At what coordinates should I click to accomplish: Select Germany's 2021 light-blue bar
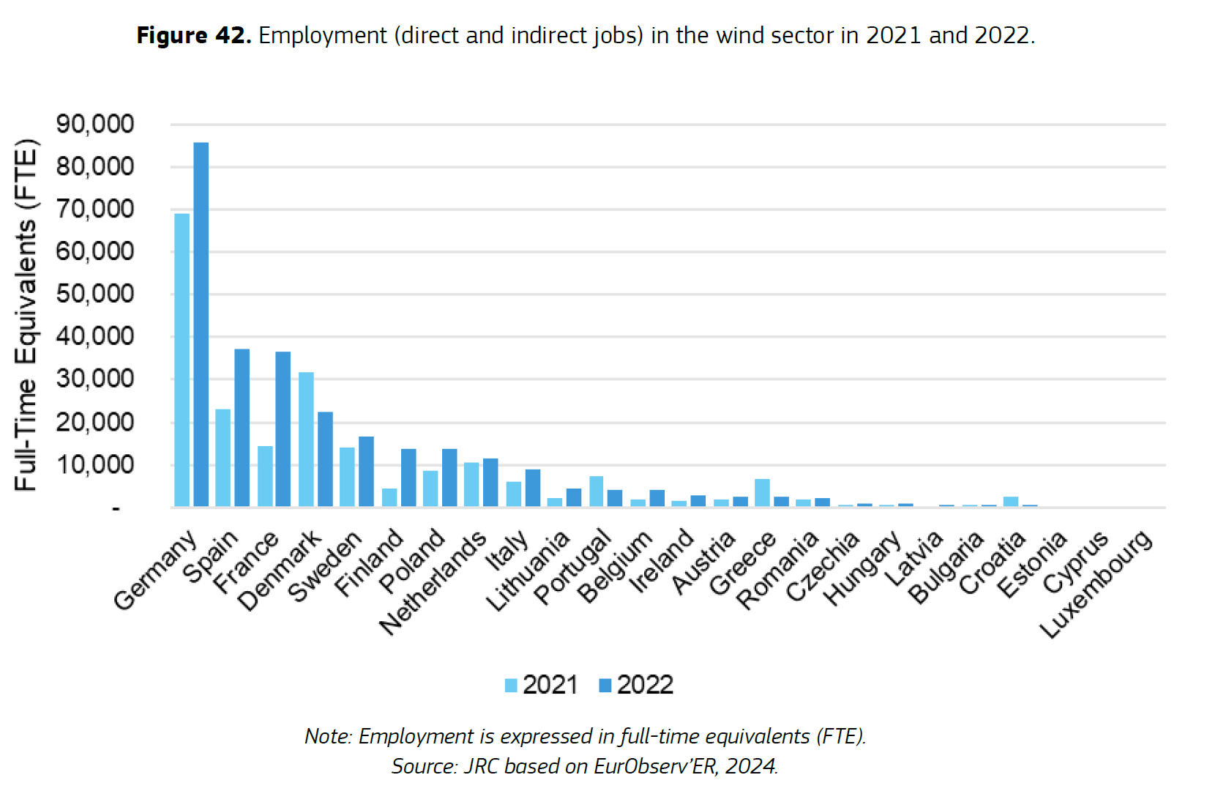182,360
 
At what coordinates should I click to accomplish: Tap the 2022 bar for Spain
242,428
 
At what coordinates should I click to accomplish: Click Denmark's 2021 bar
306,439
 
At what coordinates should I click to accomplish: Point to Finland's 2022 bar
408,478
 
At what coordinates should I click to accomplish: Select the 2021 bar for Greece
762,493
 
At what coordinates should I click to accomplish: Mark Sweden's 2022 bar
366,472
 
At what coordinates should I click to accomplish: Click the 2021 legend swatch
511,686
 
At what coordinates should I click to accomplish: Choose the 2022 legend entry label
645,685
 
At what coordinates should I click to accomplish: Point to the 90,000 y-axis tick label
95,124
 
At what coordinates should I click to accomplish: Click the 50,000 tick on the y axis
95,294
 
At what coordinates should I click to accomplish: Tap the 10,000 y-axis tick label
95,464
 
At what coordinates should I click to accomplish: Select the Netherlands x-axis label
433,582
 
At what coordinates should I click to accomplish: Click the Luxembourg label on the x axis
1096,584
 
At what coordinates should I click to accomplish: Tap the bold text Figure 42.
194,35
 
